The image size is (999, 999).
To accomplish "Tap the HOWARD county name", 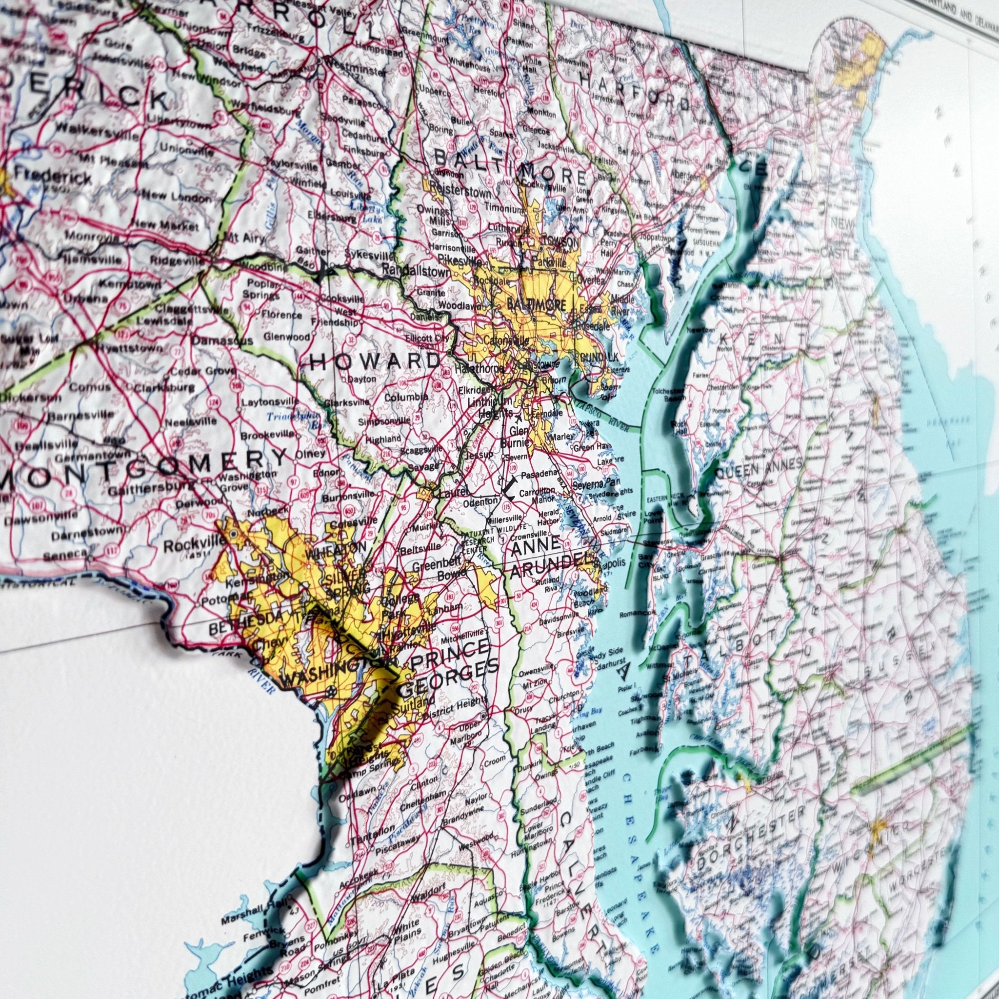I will tap(375, 360).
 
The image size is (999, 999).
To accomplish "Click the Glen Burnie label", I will tap(517, 437).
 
